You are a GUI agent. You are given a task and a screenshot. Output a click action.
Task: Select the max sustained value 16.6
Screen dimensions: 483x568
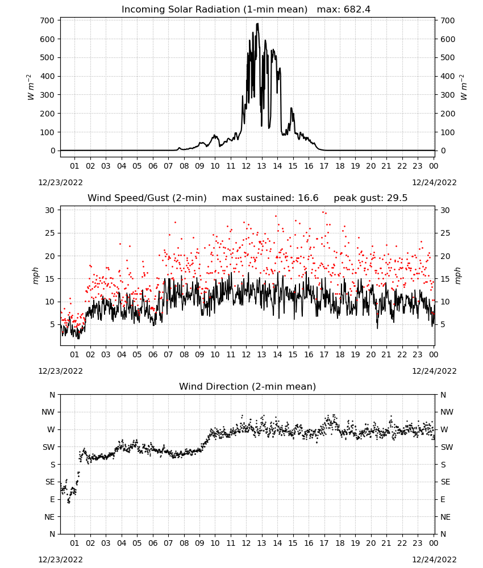tap(308, 198)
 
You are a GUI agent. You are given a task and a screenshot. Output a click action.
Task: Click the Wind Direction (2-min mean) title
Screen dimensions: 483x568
tap(248, 386)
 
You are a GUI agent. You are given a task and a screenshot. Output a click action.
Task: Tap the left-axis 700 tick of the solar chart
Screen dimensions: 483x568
tap(48, 20)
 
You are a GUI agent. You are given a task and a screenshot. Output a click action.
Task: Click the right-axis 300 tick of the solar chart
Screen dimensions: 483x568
tap(448, 95)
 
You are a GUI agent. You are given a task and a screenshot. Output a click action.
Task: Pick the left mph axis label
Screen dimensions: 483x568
tap(35, 275)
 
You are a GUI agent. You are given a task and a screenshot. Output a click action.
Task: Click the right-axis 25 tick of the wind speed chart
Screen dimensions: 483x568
tap(445, 233)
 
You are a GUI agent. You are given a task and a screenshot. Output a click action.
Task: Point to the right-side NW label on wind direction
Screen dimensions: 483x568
tap(447, 412)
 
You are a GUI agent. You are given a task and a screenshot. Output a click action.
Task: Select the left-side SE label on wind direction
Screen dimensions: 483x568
tap(51, 482)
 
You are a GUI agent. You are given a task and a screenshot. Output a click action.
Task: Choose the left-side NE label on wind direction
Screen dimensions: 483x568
tap(50, 517)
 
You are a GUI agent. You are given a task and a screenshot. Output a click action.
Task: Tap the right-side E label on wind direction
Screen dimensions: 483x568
tap(443, 499)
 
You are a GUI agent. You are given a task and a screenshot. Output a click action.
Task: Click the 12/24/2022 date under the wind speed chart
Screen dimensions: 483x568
tap(434, 371)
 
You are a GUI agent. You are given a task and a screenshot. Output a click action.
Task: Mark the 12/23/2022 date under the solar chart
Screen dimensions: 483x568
tap(60, 182)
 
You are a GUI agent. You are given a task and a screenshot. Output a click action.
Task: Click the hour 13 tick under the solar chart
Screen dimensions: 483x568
tap(261, 166)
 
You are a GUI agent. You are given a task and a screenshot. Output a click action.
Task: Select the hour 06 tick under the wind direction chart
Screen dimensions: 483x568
tap(153, 543)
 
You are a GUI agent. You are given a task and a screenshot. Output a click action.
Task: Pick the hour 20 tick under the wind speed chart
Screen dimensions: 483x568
tap(370, 354)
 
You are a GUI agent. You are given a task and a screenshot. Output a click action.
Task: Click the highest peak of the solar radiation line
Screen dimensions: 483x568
tap(257, 23)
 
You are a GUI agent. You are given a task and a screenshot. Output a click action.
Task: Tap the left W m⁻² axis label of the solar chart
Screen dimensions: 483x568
tap(30, 87)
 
